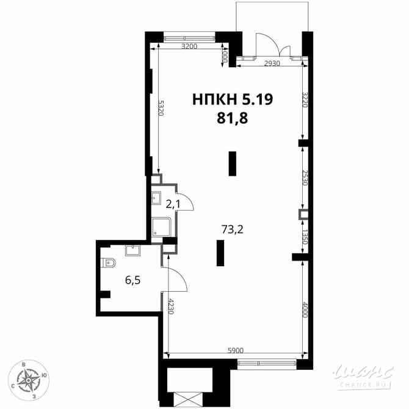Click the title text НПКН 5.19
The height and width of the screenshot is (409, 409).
coord(233,100)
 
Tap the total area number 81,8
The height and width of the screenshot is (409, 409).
coord(232,118)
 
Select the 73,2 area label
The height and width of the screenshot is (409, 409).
coord(232,230)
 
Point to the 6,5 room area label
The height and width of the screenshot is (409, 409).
coord(132,280)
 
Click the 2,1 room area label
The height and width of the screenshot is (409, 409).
coord(173,204)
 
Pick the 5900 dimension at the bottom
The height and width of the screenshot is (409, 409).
coord(236,350)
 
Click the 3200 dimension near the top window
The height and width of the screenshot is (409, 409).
coord(189,46)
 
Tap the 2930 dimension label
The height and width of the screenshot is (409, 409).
coord(272,63)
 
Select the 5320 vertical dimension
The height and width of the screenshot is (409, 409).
coord(161,108)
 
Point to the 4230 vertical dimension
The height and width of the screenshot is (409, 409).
coord(171,306)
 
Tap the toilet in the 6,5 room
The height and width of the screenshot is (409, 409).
coord(109,263)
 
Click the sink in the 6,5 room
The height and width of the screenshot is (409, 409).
coord(132,250)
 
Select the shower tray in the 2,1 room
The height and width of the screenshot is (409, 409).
coord(161,228)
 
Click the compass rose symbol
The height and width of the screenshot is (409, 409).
coord(29,380)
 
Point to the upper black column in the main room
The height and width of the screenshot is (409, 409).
coord(233,164)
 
